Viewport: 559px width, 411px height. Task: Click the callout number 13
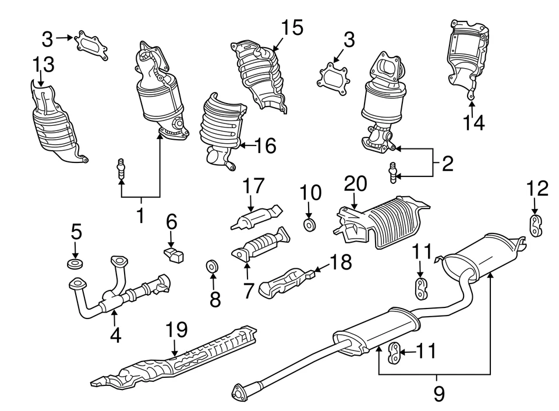point(44,65)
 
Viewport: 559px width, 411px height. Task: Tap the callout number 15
point(292,27)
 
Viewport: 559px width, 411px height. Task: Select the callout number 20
point(355,183)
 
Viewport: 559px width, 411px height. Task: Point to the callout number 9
point(439,394)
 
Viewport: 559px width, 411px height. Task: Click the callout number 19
point(177,329)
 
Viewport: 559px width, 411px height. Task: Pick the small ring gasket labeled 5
point(75,264)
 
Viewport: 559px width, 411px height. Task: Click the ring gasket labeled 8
point(212,266)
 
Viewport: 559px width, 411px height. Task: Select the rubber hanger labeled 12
point(535,226)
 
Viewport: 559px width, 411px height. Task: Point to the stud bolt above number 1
point(121,169)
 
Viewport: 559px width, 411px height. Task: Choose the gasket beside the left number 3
point(91,45)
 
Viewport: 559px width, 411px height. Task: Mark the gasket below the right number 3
point(333,79)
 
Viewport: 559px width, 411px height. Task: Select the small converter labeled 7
point(260,245)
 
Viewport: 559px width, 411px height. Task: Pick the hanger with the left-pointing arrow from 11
point(394,352)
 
